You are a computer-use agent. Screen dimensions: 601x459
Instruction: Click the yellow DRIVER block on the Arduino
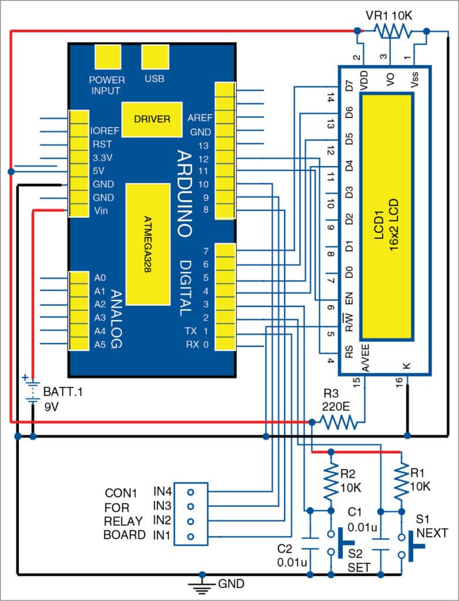[x=151, y=119]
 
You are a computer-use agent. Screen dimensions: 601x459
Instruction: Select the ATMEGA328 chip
[x=151, y=244]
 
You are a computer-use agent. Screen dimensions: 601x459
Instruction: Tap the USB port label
[x=154, y=78]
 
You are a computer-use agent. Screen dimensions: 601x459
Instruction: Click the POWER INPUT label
[x=107, y=85]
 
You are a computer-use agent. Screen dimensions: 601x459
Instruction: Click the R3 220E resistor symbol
[x=337, y=421]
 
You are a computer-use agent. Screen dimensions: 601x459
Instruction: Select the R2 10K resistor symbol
[x=331, y=480]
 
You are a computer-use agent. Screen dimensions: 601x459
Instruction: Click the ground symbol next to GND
[x=201, y=585]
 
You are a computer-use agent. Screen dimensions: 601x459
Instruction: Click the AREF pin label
[x=199, y=117]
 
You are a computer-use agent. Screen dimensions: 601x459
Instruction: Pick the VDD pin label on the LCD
[x=364, y=83]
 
